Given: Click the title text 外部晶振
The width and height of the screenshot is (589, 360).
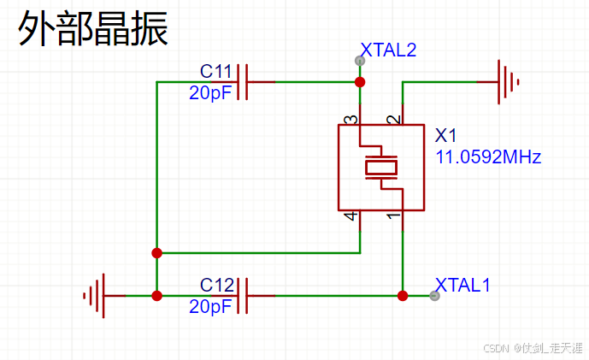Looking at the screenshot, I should pyautogui.click(x=93, y=29).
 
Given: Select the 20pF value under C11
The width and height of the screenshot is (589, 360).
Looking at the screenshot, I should pyautogui.click(x=210, y=93).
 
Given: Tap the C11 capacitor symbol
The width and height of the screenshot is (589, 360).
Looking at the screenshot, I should pyautogui.click(x=243, y=82).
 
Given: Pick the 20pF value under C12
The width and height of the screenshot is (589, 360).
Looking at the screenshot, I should pyautogui.click(x=210, y=306).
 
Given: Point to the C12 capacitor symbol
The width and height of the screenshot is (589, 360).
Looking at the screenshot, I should pyautogui.click(x=243, y=296).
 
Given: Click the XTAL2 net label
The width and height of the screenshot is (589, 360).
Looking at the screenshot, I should pyautogui.click(x=389, y=50).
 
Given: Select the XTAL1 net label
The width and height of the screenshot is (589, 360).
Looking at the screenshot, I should pyautogui.click(x=462, y=285).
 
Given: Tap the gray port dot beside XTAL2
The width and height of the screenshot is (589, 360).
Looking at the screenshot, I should pyautogui.click(x=360, y=61).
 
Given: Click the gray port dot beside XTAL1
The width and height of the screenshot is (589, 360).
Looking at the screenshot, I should pyautogui.click(x=435, y=296).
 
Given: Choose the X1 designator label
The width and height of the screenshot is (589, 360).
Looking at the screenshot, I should pyautogui.click(x=447, y=136).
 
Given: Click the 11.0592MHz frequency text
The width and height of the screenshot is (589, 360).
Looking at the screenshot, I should pyautogui.click(x=488, y=157).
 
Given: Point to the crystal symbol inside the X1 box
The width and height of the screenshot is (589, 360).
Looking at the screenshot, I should pyautogui.click(x=381, y=168).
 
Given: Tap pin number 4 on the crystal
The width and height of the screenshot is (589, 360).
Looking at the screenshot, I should pyautogui.click(x=350, y=217).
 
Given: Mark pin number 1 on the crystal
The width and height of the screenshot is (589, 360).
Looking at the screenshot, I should pyautogui.click(x=392, y=217).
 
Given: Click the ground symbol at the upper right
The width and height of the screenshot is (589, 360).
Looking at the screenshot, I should pyautogui.click(x=508, y=82).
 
